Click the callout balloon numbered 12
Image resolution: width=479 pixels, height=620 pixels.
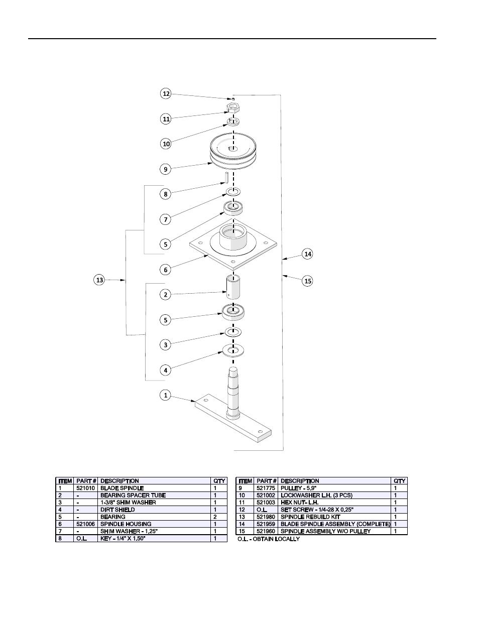(x=166, y=93)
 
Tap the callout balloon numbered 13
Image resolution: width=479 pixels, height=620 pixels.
(x=99, y=280)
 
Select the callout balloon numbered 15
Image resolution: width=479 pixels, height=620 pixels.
(x=308, y=281)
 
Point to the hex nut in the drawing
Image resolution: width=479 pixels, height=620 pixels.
(x=233, y=108)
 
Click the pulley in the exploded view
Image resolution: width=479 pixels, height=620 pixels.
(x=233, y=151)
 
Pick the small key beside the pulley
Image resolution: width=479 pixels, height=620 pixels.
(x=227, y=179)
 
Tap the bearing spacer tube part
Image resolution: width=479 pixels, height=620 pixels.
(x=233, y=287)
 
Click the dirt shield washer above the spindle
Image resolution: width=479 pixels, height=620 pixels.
(x=233, y=350)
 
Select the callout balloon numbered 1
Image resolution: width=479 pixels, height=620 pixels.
(x=166, y=395)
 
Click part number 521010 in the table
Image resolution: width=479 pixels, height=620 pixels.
(x=85, y=488)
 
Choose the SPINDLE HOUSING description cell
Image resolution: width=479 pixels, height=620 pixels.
(x=126, y=524)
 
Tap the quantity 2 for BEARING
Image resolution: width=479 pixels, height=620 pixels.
(x=215, y=517)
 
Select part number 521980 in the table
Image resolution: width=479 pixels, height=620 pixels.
(x=266, y=517)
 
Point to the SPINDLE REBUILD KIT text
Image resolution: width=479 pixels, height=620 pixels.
(x=310, y=517)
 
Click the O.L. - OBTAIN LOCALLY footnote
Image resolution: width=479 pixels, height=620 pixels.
(x=269, y=539)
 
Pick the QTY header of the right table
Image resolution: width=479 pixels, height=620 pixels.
(x=399, y=481)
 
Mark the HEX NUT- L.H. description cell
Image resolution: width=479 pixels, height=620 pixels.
(x=300, y=503)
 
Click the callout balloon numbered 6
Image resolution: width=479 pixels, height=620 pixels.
(x=166, y=270)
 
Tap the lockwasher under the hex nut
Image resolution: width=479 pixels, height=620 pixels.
(x=233, y=122)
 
